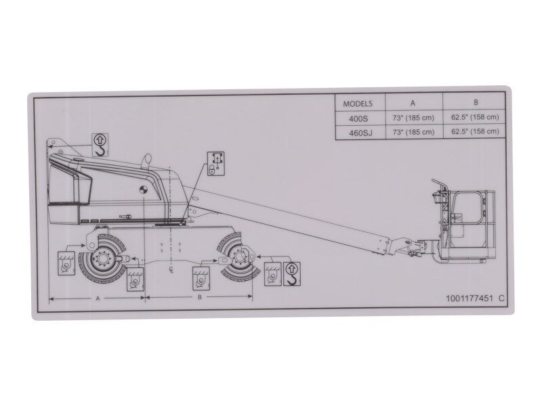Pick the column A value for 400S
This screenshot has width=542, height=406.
[413, 117]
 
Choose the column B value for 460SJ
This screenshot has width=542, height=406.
[475, 132]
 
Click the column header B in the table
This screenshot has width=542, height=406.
[476, 103]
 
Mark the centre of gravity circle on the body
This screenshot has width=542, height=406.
[144, 190]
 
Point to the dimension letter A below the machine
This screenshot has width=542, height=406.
[98, 297]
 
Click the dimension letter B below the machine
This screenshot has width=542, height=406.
[200, 297]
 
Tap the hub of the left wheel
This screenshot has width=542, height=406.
[103, 259]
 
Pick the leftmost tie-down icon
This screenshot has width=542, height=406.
[66, 263]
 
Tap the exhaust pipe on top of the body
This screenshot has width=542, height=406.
[144, 162]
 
